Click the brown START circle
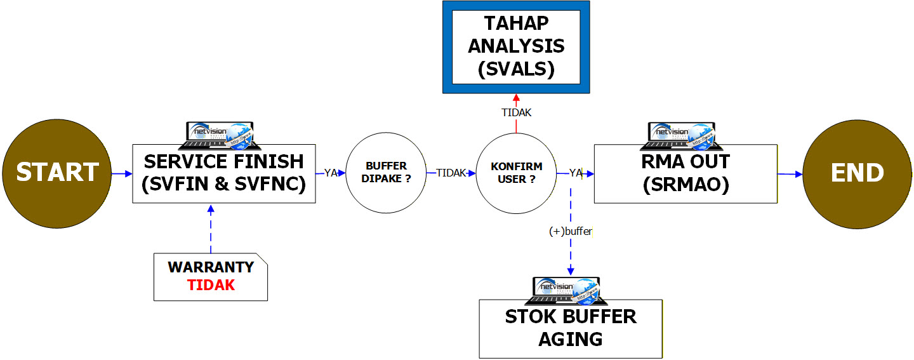click(57, 172)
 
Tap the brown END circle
click(858, 173)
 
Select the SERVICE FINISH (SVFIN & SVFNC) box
click(224, 173)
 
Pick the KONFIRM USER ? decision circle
click(516, 173)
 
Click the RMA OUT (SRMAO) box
click(685, 173)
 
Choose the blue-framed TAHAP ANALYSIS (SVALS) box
click(516, 47)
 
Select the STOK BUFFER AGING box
click(571, 328)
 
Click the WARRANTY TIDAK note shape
click(211, 277)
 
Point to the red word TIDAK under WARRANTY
click(211, 286)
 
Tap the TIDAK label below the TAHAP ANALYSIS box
click(516, 113)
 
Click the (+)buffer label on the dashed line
click(570, 232)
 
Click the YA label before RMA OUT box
click(576, 173)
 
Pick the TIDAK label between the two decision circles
click(451, 173)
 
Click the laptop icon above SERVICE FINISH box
click(215, 131)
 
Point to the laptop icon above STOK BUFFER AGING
click(566, 290)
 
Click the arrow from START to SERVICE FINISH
click(121, 172)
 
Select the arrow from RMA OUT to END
click(790, 173)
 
